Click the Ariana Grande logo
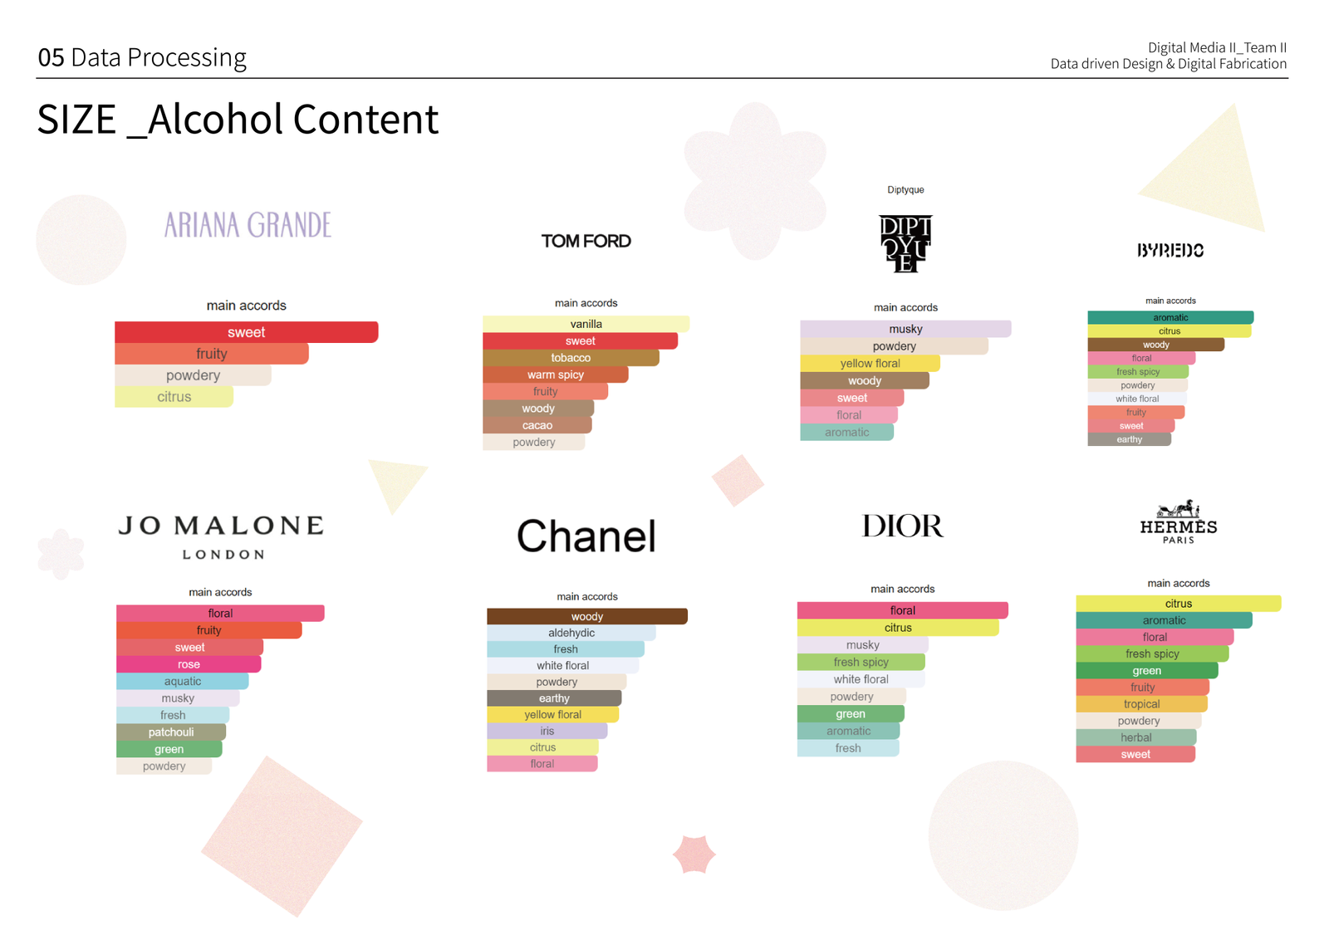point(248,225)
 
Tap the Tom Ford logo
point(586,242)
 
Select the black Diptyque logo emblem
point(905,244)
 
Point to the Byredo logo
point(1170,250)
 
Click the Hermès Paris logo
point(1179,521)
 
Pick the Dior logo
point(902,526)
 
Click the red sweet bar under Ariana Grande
point(246,332)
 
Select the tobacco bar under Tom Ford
point(571,358)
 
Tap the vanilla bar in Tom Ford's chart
point(586,324)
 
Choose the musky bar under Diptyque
point(905,329)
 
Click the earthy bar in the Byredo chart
point(1129,439)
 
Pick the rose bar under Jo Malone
point(189,664)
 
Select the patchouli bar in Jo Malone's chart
point(171,732)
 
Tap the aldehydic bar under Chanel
point(571,633)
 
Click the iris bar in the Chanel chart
point(547,731)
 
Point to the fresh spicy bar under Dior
point(861,662)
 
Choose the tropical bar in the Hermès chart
point(1141,704)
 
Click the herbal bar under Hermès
point(1136,737)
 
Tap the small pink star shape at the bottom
point(694,854)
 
